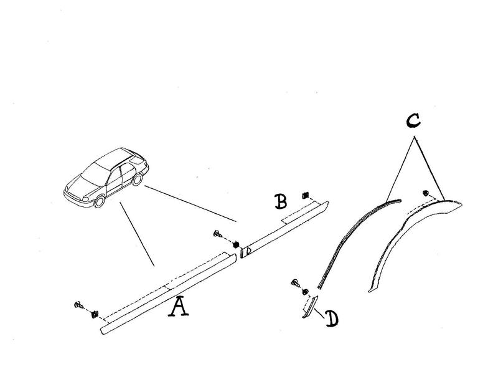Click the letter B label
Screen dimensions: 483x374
tap(281, 201)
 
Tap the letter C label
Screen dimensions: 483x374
tap(413, 121)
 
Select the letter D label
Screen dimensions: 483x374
tap(332, 319)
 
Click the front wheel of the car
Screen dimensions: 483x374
tap(100, 201)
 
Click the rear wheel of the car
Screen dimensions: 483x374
tap(138, 180)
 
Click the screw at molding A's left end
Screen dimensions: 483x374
tap(78, 305)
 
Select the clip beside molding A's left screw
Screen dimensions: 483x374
tap(94, 314)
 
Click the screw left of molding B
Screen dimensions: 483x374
tap(218, 234)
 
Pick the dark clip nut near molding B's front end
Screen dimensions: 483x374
tap(236, 244)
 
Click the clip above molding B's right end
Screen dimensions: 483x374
tap(306, 195)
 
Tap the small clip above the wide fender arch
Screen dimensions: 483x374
tap(426, 193)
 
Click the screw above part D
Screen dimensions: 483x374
tap(296, 282)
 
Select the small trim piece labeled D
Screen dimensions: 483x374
tap(310, 307)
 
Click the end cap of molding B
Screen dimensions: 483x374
tap(246, 252)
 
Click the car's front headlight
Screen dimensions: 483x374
tap(85, 199)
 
